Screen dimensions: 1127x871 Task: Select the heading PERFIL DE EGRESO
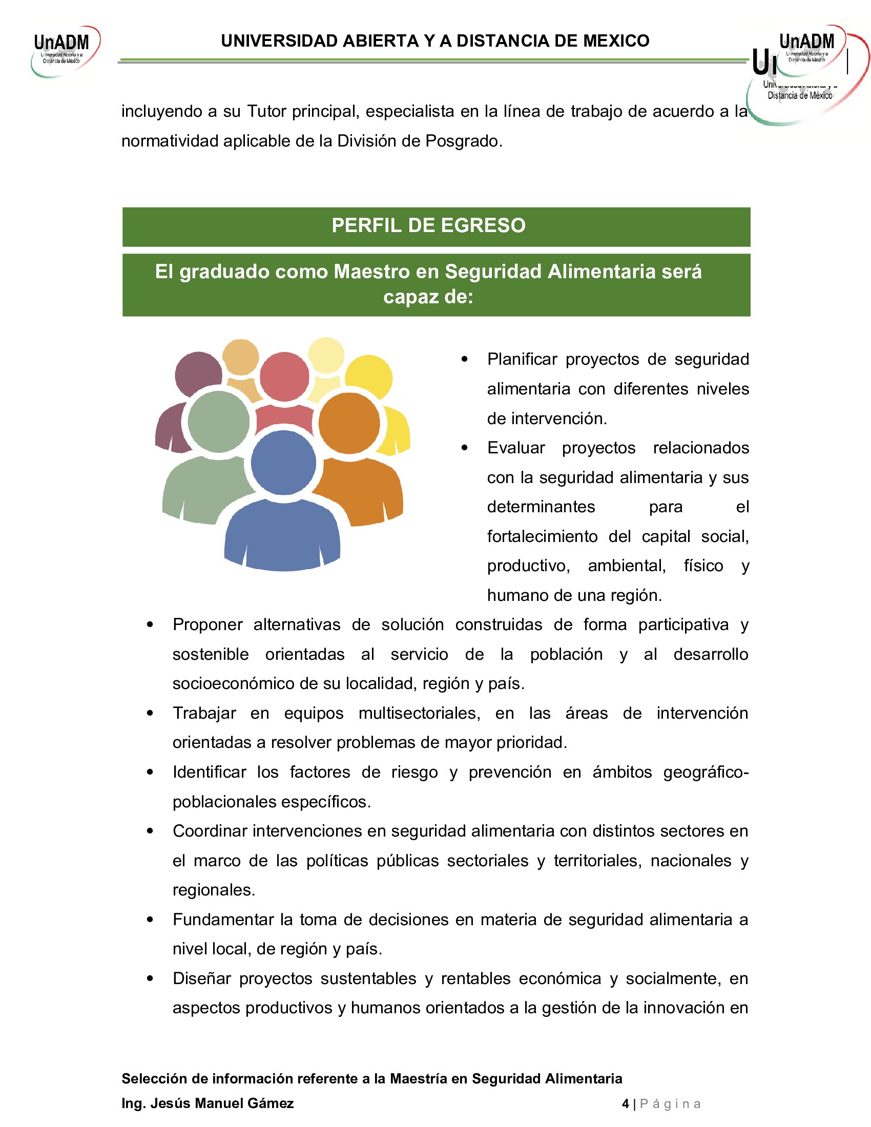428,225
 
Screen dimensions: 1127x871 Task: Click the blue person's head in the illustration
283,463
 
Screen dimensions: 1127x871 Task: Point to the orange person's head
349,423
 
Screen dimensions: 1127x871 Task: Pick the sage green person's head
218,422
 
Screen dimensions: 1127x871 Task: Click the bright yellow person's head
368,378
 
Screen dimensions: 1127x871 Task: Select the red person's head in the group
284,376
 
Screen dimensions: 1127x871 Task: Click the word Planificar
522,359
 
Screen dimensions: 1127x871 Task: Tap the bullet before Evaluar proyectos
464,448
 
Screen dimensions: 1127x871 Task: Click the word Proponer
208,624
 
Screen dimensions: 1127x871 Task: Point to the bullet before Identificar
150,773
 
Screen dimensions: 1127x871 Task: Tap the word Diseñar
201,978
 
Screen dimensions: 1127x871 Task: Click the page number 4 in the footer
625,1104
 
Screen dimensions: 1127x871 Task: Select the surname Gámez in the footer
271,1103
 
